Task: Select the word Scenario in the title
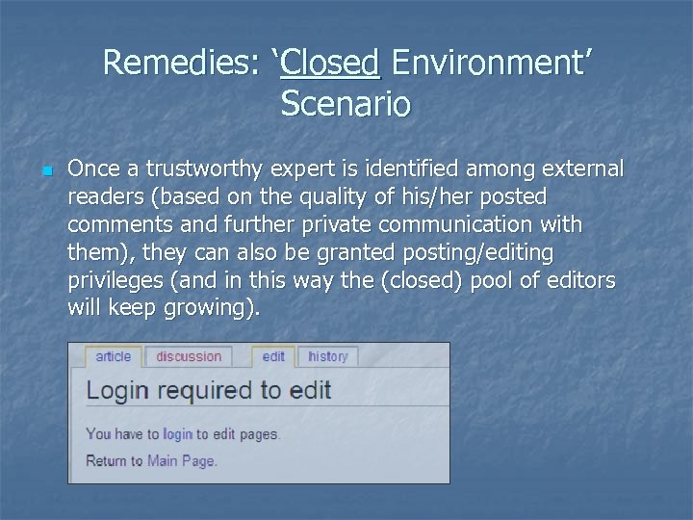pyautogui.click(x=346, y=102)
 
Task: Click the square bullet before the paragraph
pyautogui.click(x=45, y=172)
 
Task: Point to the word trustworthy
pyautogui.click(x=204, y=170)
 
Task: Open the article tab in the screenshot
pyautogui.click(x=113, y=356)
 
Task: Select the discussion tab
pyautogui.click(x=189, y=356)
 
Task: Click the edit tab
pyautogui.click(x=273, y=356)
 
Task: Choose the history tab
pyautogui.click(x=327, y=356)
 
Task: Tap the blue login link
pyautogui.click(x=177, y=434)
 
